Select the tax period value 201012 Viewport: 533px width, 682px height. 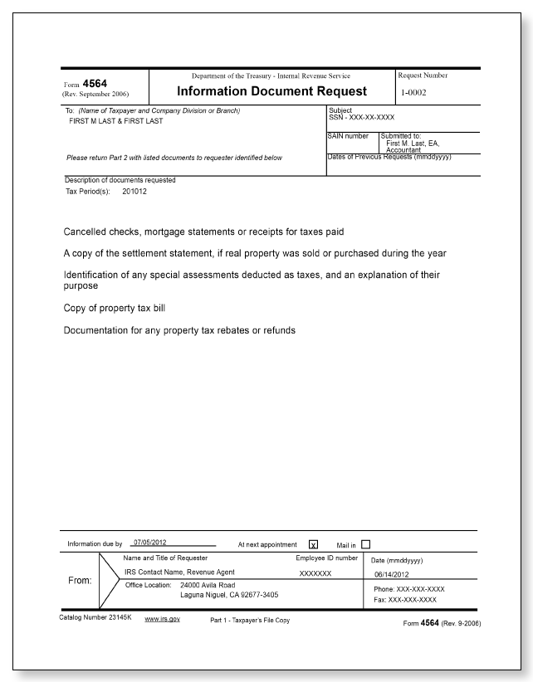click(135, 190)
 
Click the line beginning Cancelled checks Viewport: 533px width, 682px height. click(203, 231)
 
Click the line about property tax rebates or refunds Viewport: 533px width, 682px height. click(179, 330)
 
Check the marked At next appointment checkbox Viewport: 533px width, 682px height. click(313, 545)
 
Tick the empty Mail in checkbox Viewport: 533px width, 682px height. click(365, 544)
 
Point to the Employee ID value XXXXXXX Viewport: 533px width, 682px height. click(315, 573)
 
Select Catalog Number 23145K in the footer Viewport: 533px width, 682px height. click(96, 620)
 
